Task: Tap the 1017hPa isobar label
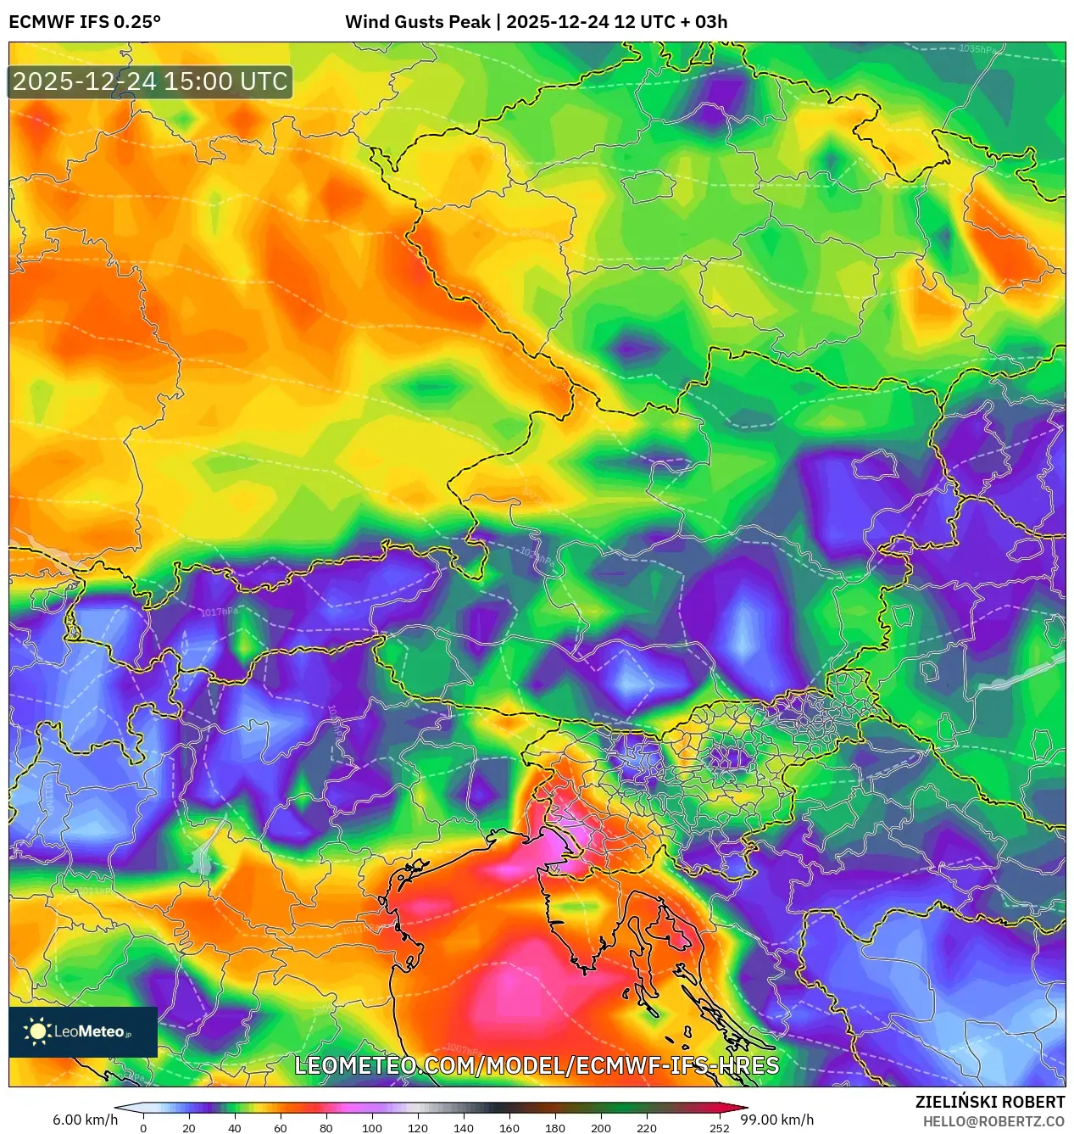(x=219, y=612)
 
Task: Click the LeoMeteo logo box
(x=83, y=1031)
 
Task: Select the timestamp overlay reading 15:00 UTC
(x=150, y=81)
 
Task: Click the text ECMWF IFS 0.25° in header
(x=84, y=22)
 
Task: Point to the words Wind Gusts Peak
(x=417, y=22)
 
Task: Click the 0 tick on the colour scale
(x=142, y=1128)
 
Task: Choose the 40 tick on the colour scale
(x=234, y=1128)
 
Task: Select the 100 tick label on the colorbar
(x=371, y=1128)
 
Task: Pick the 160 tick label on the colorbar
(x=509, y=1128)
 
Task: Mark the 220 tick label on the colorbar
(x=646, y=1128)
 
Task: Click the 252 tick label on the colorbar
(x=719, y=1128)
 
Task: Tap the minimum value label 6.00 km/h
(x=85, y=1120)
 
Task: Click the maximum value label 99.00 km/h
(x=777, y=1120)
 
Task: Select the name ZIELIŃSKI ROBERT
(x=989, y=1102)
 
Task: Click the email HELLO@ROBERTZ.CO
(x=993, y=1121)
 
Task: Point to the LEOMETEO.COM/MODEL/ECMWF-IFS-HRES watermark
(x=536, y=1065)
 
